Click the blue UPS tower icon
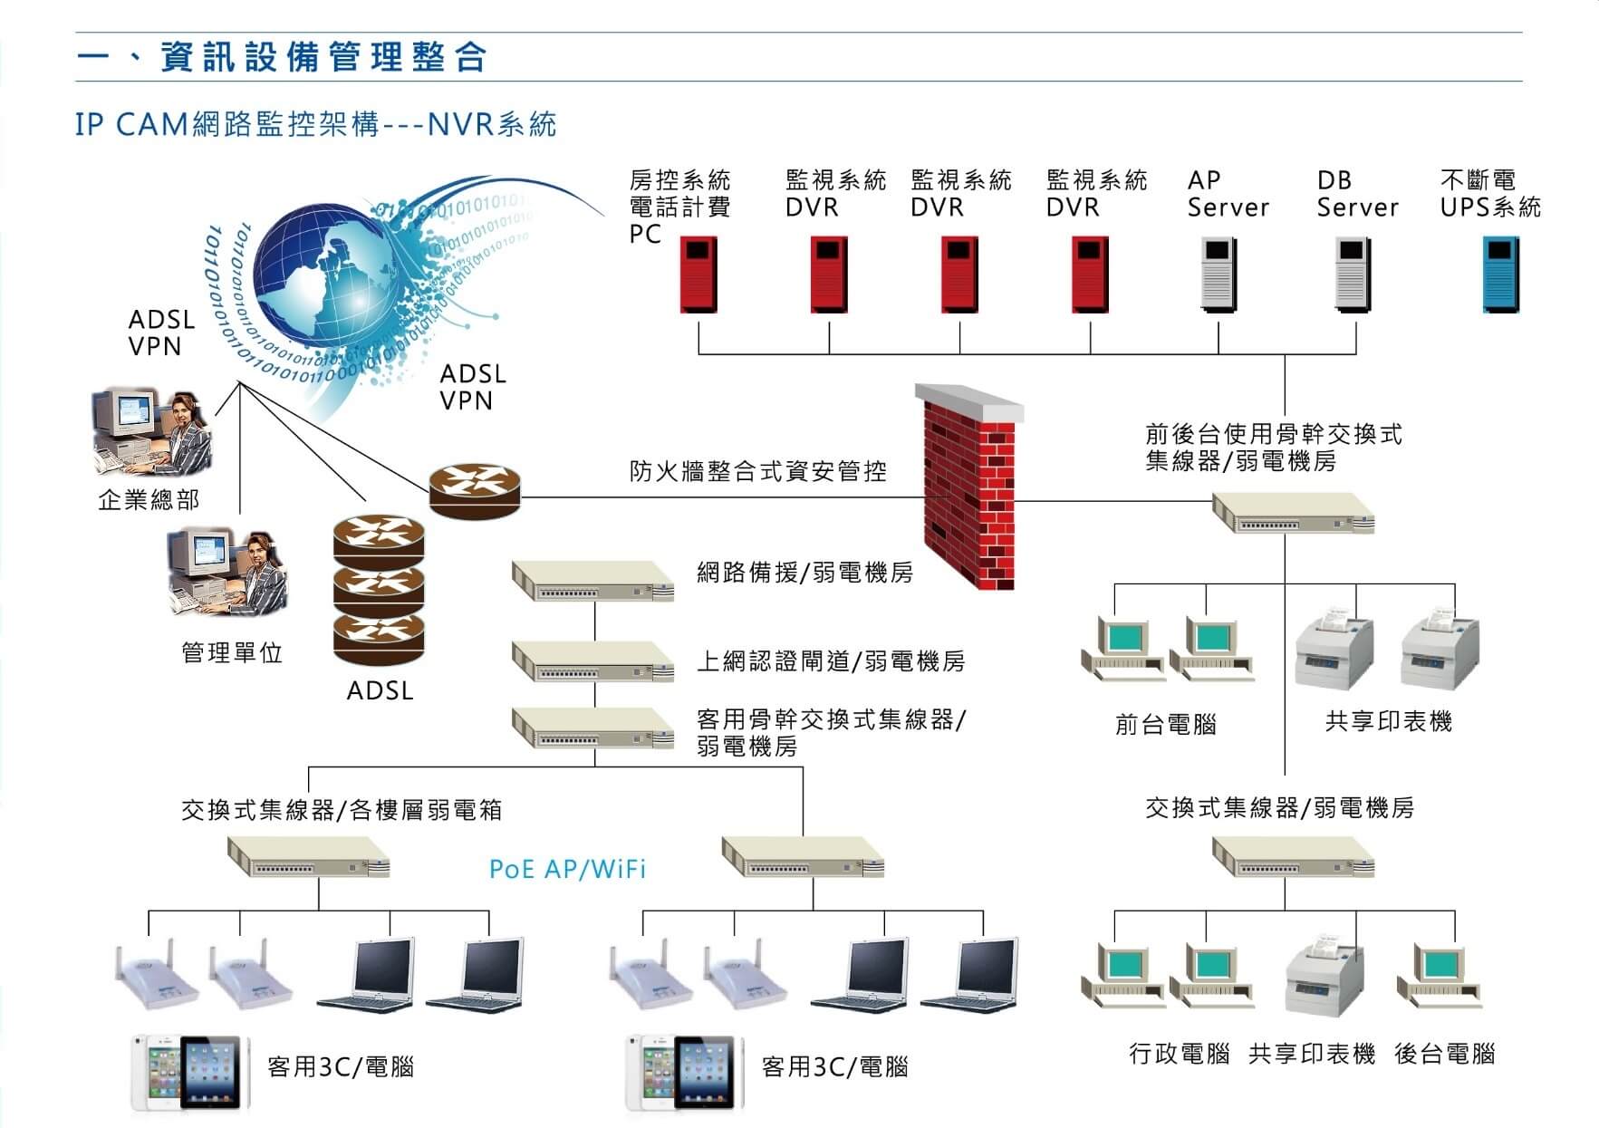1500,275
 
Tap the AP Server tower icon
1219,275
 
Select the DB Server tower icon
1353,275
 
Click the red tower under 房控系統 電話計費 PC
698,275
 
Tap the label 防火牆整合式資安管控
757,471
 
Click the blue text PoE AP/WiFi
567,870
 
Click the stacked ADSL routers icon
379,590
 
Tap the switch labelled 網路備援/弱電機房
592,581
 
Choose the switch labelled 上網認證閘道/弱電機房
592,661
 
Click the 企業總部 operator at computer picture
152,432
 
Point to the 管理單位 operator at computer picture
226,573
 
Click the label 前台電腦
1165,725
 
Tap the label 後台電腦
1444,1054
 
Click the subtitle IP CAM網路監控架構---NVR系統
315,125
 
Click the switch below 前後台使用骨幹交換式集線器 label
1293,514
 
